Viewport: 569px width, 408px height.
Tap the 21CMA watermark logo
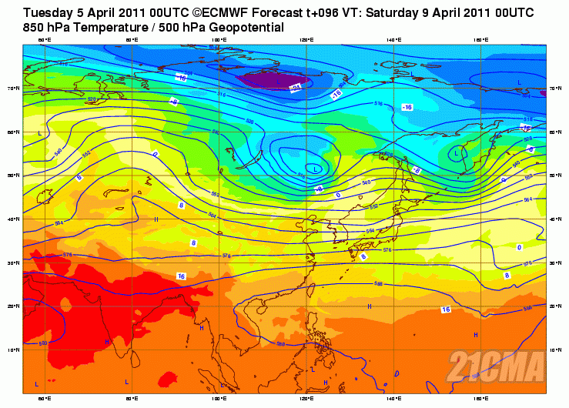[498, 364]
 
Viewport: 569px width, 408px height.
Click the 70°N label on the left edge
[14, 89]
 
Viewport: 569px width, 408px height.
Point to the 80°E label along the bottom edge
[132, 398]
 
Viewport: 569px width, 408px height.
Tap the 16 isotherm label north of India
[181, 276]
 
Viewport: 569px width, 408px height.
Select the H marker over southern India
[108, 341]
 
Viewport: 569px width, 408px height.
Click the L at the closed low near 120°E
[315, 168]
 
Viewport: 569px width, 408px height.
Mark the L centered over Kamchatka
[457, 153]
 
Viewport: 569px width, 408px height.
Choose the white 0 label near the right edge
[519, 247]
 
